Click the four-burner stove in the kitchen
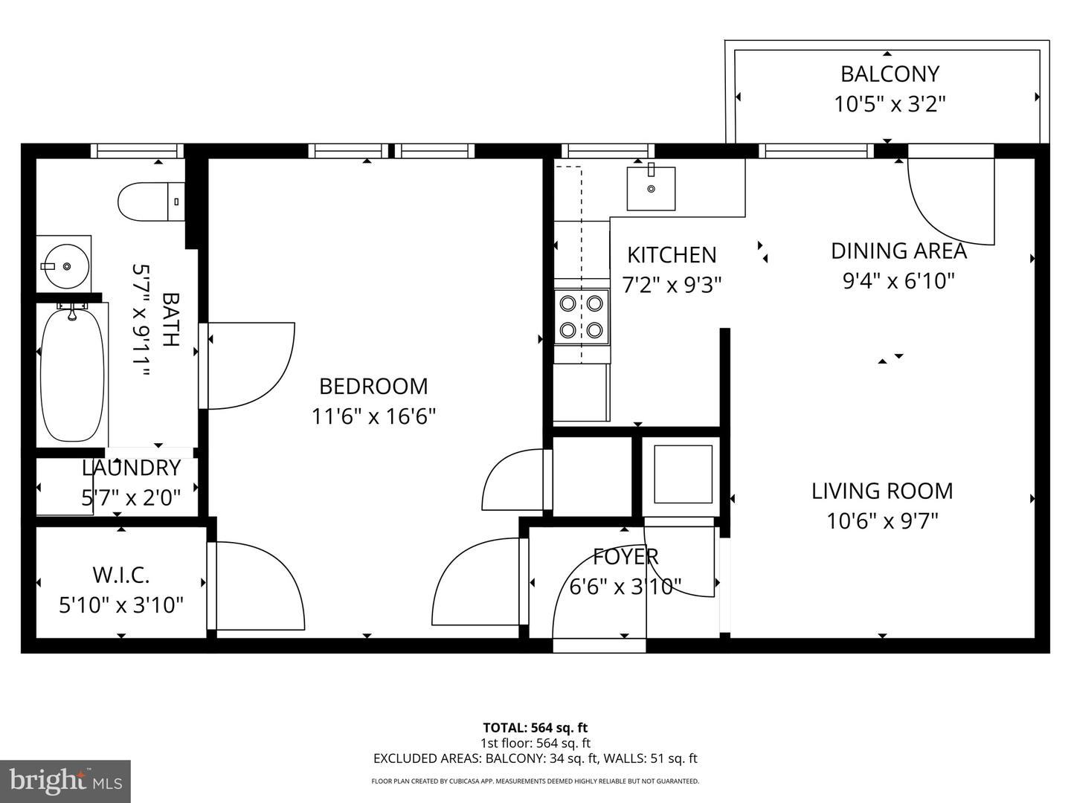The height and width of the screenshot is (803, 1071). [x=582, y=317]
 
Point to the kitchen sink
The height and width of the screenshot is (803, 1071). [x=651, y=189]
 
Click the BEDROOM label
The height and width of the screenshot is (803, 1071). [x=373, y=386]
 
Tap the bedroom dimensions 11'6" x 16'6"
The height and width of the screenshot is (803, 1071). [x=373, y=416]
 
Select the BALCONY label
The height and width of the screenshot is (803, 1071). [x=890, y=74]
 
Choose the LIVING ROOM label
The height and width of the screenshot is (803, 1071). [x=882, y=491]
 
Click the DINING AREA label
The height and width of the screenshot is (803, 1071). [x=898, y=251]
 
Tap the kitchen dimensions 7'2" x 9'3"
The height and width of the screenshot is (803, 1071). [x=672, y=285]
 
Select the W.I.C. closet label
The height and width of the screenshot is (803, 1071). [x=121, y=575]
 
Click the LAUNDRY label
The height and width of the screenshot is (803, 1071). [x=131, y=468]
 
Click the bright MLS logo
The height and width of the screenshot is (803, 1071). [x=65, y=781]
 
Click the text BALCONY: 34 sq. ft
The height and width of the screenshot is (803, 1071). [x=535, y=758]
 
